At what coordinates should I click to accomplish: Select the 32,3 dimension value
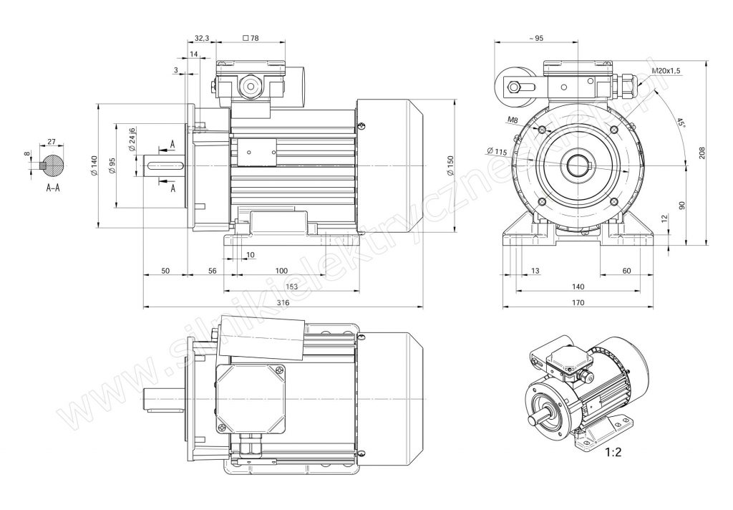coord(201,38)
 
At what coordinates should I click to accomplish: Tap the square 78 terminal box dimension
coord(251,38)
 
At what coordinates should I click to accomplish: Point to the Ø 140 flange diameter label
coord(94,166)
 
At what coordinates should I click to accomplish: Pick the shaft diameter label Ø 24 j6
coord(132,140)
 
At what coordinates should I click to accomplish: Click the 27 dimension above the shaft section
coord(51,142)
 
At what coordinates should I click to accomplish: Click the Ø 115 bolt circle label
coord(496,151)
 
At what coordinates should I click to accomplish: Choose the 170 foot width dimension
coord(578,303)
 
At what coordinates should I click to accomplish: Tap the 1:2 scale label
coord(614,453)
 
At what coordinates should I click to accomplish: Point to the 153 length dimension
coord(291,287)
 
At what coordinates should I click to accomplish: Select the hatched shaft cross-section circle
coord(52,165)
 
